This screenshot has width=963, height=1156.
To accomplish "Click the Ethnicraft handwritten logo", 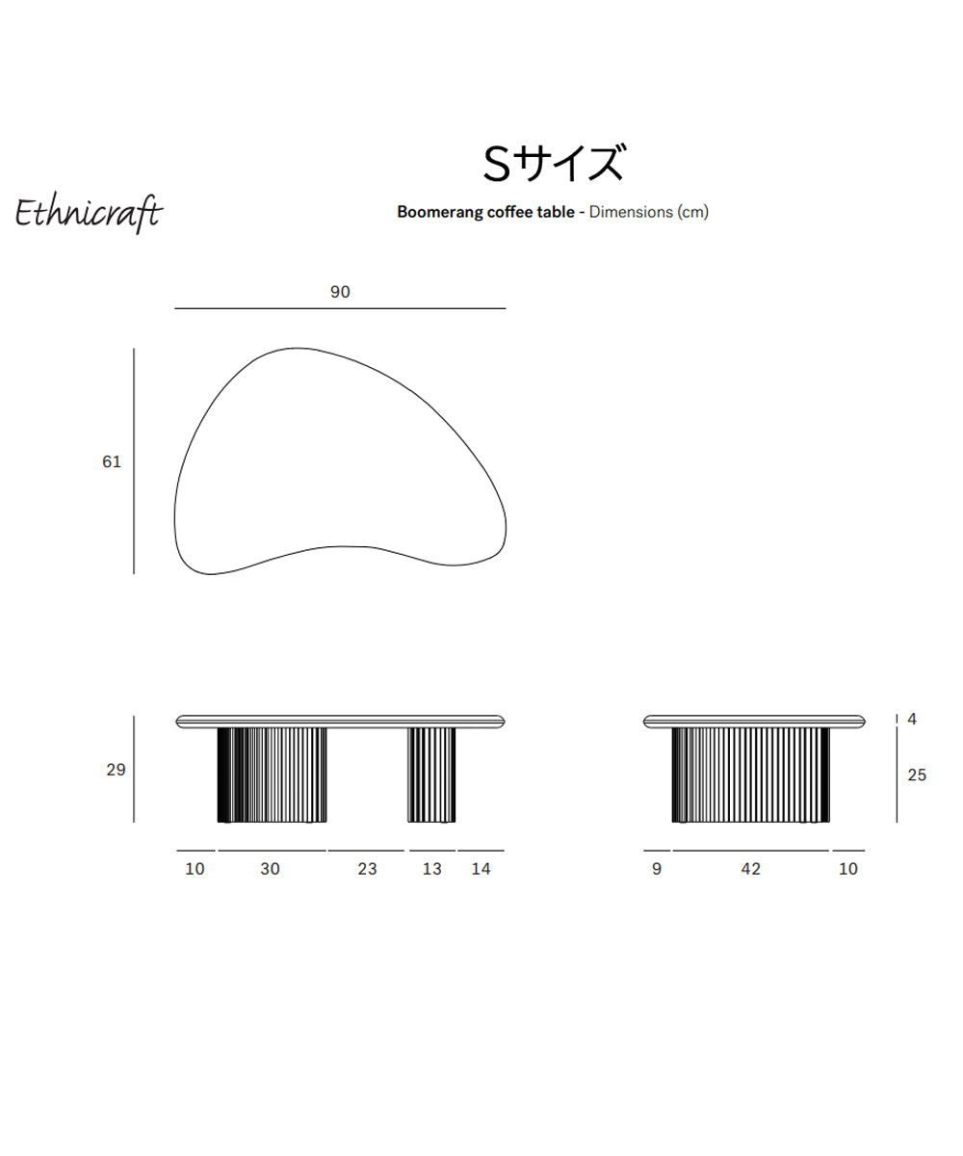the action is tap(89, 214).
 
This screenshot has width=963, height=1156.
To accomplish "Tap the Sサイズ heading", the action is tap(555, 164).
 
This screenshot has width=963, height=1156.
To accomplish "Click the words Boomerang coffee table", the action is tap(485, 212).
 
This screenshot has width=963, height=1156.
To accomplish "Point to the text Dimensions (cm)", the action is tap(649, 212).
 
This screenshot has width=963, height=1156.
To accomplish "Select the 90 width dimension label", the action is tap(340, 292).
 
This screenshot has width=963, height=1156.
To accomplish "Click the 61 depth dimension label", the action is tap(112, 461).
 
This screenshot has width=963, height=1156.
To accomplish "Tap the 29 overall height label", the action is tap(116, 770).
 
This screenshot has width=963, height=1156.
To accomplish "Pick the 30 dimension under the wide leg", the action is tap(270, 869).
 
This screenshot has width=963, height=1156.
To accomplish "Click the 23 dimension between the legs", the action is tap(367, 869).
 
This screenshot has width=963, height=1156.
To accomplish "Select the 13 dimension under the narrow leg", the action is tap(431, 869).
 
